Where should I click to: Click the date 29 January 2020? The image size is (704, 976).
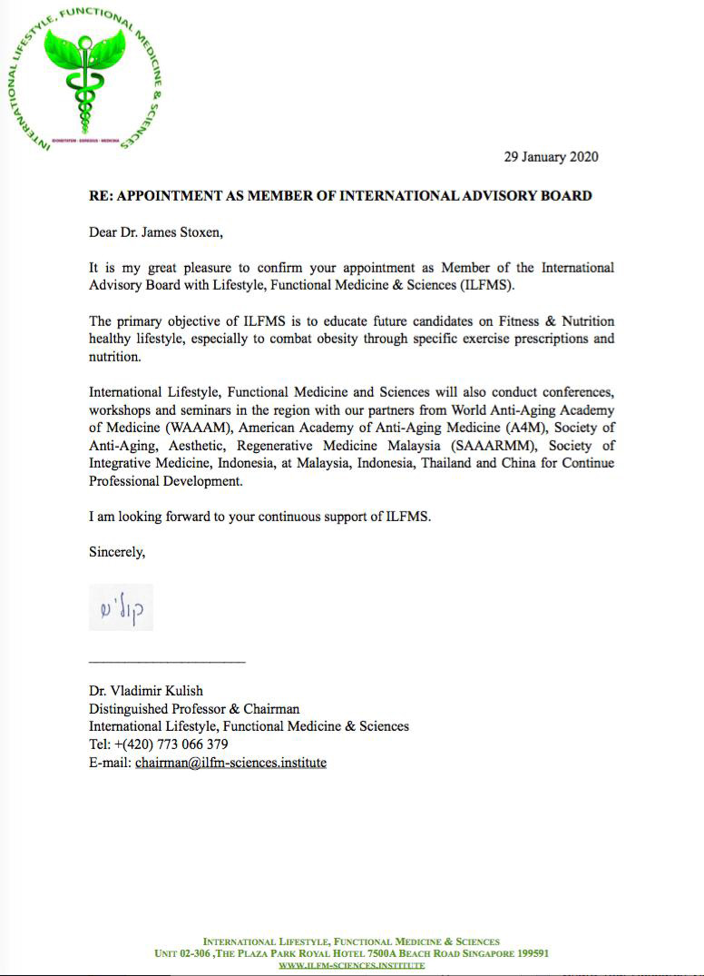(551, 157)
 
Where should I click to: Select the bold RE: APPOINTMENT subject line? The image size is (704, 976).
(340, 196)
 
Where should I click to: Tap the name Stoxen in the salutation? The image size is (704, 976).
(194, 232)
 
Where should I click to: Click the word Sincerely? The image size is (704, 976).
(116, 551)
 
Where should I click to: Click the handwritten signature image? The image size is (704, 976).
(121, 607)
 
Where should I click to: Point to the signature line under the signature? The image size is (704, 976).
(167, 660)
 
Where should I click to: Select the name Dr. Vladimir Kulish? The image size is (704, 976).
(145, 691)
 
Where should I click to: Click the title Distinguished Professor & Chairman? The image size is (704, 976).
(194, 709)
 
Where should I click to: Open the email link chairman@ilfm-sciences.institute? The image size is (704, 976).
(230, 763)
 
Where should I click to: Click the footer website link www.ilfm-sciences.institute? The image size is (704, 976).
(351, 965)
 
